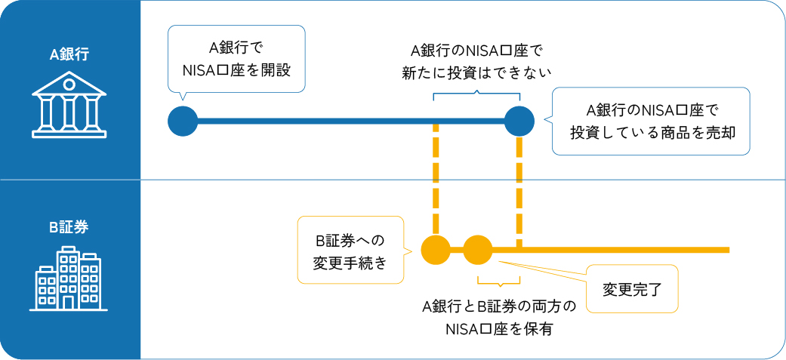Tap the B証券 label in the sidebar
pyautogui.click(x=69, y=227)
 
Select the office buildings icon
pyautogui.click(x=69, y=279)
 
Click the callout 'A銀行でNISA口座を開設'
pyautogui.click(x=236, y=59)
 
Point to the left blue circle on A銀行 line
pyautogui.click(x=183, y=121)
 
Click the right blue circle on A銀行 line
pyautogui.click(x=519, y=121)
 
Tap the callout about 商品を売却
pyautogui.click(x=651, y=121)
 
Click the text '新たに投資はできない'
pyautogui.click(x=477, y=72)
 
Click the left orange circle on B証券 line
pyautogui.click(x=435, y=250)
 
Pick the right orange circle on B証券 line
pyautogui.click(x=477, y=250)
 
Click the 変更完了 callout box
pyautogui.click(x=631, y=288)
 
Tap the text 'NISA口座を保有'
pyautogui.click(x=499, y=328)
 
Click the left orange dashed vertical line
pyautogui.click(x=436, y=181)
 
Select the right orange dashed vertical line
pyautogui.click(x=519, y=189)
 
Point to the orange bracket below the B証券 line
pyautogui.click(x=498, y=284)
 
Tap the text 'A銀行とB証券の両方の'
pyautogui.click(x=499, y=307)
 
